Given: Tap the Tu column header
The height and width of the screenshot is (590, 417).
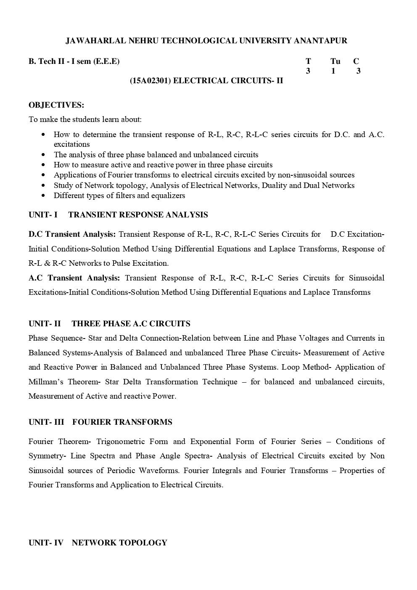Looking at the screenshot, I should point(335,61).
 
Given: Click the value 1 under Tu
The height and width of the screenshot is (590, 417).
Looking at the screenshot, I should point(333,71).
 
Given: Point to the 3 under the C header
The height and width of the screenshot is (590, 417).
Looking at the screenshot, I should point(358,71).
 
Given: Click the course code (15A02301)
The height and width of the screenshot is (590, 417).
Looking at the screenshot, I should point(150,81).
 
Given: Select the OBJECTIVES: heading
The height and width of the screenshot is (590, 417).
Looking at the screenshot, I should point(56,105).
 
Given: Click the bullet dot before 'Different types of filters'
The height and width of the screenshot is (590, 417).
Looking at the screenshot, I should point(44,196).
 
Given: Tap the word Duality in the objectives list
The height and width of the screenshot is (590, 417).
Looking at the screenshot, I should point(275,185).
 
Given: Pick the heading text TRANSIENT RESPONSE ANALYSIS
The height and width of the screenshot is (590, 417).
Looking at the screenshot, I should point(138,215).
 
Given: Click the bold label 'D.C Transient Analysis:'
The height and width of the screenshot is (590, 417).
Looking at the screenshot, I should point(72,234).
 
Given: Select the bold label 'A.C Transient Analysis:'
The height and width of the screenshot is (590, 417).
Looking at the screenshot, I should point(74,278).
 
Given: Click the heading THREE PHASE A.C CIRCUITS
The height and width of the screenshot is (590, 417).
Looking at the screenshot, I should point(131,324).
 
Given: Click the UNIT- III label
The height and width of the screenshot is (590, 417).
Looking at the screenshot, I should point(46,422).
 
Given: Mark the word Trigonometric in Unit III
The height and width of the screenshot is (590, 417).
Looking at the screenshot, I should point(132,442).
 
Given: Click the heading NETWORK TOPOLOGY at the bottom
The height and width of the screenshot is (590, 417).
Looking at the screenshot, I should point(119,543).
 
